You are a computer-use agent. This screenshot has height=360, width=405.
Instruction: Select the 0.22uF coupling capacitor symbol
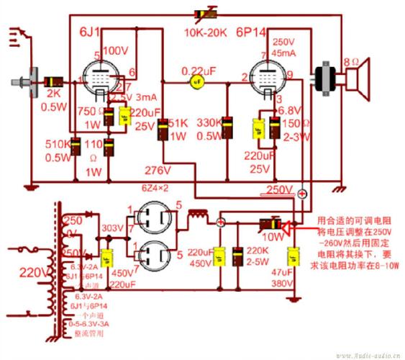(x=194, y=82)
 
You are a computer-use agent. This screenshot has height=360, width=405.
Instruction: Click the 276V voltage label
(x=157, y=171)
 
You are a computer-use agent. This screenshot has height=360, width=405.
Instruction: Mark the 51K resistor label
(x=178, y=122)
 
